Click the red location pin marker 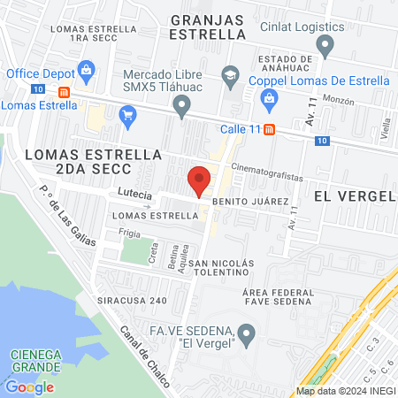pos(199,180)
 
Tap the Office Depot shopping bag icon pos(87,69)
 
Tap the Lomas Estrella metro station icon pos(64,92)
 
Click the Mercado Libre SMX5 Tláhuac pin pos(182,107)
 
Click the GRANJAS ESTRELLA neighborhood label pos(207,27)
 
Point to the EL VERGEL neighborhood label pos(354,195)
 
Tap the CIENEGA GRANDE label pos(35,361)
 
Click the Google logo pos(29,387)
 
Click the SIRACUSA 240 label pos(131,300)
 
